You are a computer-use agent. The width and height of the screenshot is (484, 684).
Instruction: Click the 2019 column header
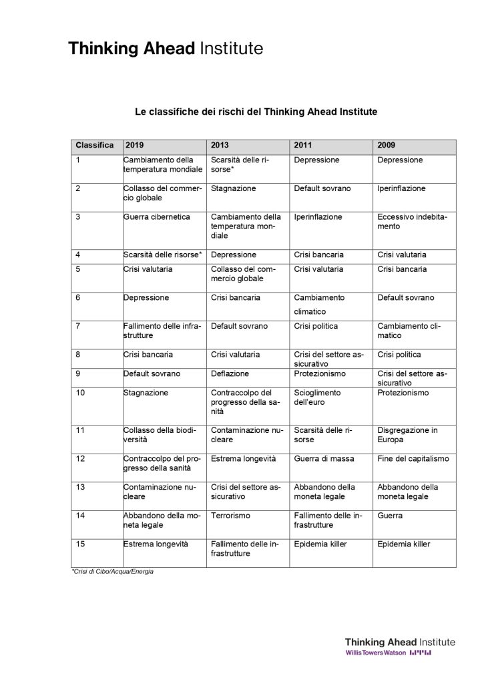tap(134, 145)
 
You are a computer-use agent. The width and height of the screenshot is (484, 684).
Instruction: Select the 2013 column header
tap(220, 145)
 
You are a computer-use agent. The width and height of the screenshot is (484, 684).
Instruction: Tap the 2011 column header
tap(303, 145)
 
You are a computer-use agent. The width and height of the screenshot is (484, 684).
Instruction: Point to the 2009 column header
tap(387, 145)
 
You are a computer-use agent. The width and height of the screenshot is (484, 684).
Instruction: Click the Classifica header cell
tap(95, 145)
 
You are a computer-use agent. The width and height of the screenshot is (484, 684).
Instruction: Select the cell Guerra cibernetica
tap(157, 217)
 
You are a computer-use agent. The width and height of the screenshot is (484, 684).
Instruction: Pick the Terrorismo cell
tap(230, 516)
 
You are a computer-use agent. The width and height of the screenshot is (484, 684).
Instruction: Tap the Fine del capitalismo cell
tap(413, 459)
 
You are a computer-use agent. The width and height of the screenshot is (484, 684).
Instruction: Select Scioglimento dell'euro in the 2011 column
tap(318, 397)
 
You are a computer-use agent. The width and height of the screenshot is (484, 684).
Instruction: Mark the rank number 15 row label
tap(81, 544)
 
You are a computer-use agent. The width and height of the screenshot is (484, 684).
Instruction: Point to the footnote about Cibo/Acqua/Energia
tap(107, 572)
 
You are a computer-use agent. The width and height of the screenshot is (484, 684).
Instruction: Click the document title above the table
tap(256, 112)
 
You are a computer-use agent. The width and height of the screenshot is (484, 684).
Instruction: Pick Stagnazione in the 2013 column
tap(233, 189)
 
